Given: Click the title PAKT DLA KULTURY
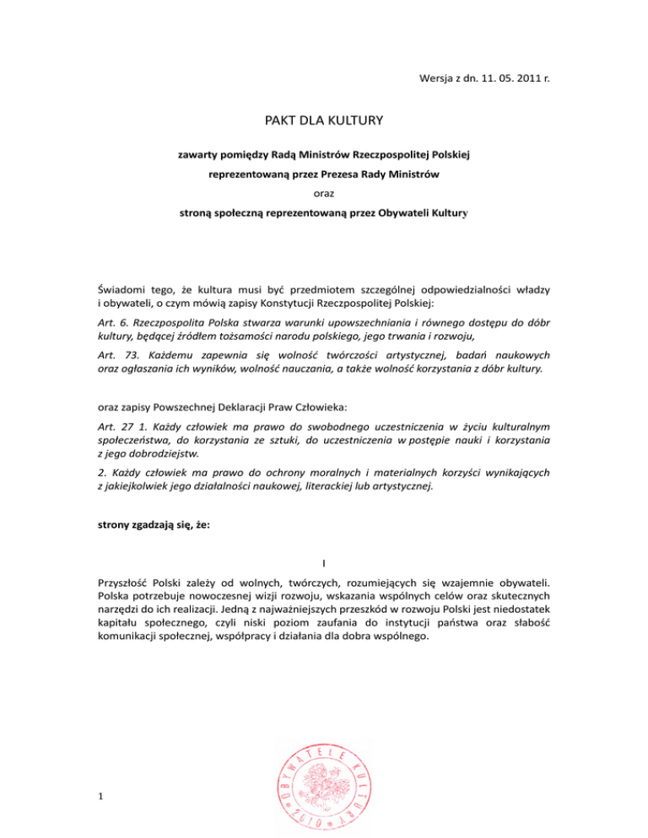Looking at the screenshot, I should [323, 122].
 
